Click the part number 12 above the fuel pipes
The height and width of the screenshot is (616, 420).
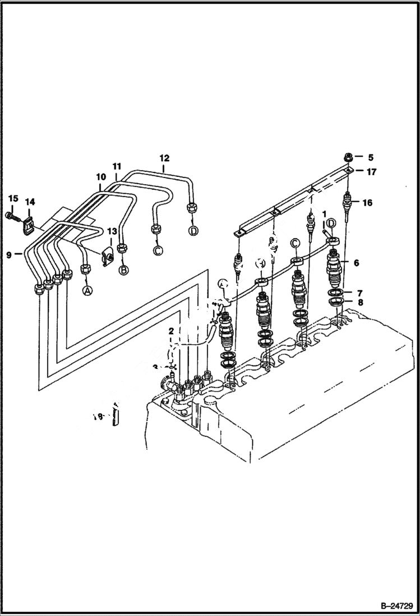tap(164, 158)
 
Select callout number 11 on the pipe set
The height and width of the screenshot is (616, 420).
tap(117, 166)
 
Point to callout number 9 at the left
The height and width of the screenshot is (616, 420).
tap(10, 254)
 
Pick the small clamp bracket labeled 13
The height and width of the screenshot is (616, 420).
tap(107, 256)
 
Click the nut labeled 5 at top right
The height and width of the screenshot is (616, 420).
tap(348, 157)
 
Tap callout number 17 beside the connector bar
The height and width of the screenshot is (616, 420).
tap(372, 172)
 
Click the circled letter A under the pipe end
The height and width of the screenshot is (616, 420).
tap(87, 290)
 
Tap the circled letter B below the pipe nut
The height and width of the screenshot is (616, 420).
tap(123, 270)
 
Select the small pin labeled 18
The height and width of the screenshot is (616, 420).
tap(115, 416)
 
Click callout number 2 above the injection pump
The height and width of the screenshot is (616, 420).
tap(171, 332)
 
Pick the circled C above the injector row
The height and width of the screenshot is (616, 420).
tap(295, 243)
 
